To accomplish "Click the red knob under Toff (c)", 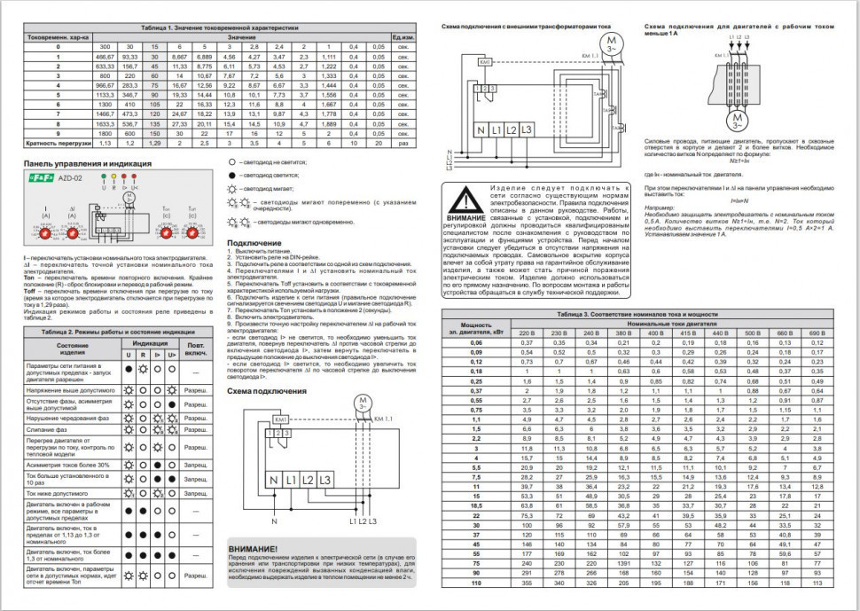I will pyautogui.click(x=192, y=232).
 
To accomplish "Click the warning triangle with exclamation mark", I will pyautogui.click(x=465, y=200).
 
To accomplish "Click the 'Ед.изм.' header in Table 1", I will pyautogui.click(x=404, y=37).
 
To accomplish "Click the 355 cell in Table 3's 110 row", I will pyautogui.click(x=527, y=608).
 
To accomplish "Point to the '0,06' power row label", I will pyautogui.click(x=475, y=342).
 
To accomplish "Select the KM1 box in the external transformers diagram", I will pyautogui.click(x=485, y=62).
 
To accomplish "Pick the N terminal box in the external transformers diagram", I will pyautogui.click(x=481, y=129).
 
